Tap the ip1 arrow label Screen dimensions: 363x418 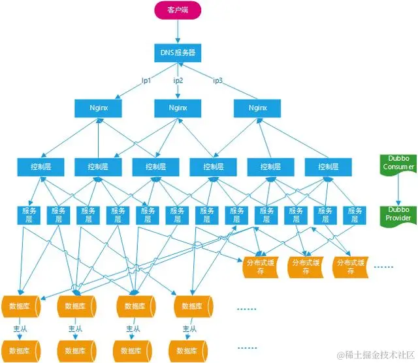[146, 80]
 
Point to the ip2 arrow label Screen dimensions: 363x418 [178, 80]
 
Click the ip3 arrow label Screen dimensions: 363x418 [218, 80]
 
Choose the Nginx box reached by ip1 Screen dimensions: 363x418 [99, 107]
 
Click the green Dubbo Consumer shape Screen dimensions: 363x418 [398, 163]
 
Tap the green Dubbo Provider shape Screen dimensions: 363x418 [398, 214]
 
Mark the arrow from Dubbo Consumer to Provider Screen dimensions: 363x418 [398, 189]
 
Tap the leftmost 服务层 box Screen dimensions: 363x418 [29, 215]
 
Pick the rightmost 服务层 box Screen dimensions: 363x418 [355, 215]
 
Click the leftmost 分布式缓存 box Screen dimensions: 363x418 [261, 267]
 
